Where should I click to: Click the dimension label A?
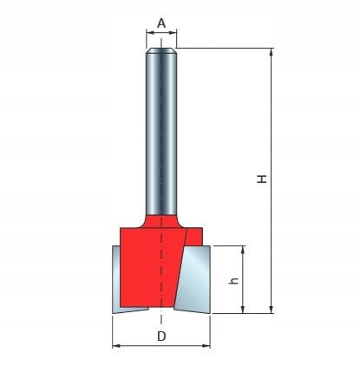pyautogui.click(x=161, y=23)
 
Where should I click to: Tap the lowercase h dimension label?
pyautogui.click(x=233, y=280)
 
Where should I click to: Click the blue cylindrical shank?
pyautogui.click(x=161, y=130)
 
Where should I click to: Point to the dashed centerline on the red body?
pyautogui.click(x=161, y=269)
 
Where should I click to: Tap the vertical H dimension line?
pyautogui.click(x=272, y=130)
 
